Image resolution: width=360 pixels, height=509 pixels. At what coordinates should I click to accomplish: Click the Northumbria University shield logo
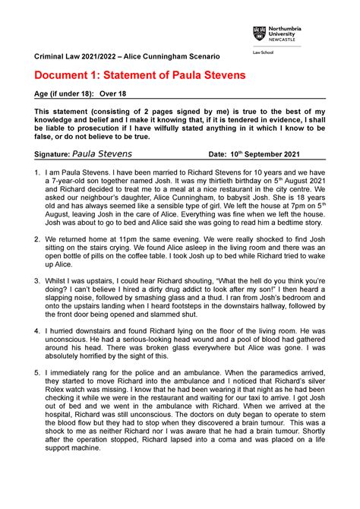pos(258,34)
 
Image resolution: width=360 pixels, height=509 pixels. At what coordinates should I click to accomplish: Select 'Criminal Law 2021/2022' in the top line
pos(75,57)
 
